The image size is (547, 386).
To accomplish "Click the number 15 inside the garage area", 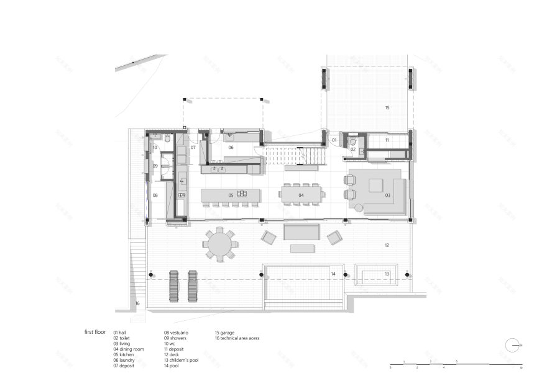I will [x=387, y=108].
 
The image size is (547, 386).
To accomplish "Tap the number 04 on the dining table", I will [x=301, y=195].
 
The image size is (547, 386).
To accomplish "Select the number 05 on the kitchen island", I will [x=230, y=195].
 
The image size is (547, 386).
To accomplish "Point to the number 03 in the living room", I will [x=387, y=195].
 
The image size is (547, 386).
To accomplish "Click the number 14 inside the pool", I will [x=333, y=274].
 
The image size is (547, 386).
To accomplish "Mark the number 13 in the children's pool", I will [x=386, y=274].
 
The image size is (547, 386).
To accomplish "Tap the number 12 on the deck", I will [x=386, y=246].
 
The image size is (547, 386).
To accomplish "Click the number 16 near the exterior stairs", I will [x=137, y=303].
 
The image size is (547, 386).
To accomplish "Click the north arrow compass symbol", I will [x=513, y=345].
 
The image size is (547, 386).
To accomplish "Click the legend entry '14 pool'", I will [x=172, y=366].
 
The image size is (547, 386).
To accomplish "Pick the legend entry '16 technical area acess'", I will [x=237, y=338].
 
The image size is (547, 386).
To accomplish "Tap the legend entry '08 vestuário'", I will [x=176, y=333].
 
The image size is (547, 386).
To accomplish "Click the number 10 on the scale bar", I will [x=522, y=368].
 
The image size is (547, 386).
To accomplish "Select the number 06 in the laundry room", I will [x=230, y=148].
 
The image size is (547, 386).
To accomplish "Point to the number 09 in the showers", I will [x=155, y=166].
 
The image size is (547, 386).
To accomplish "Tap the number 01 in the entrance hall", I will [x=334, y=141].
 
